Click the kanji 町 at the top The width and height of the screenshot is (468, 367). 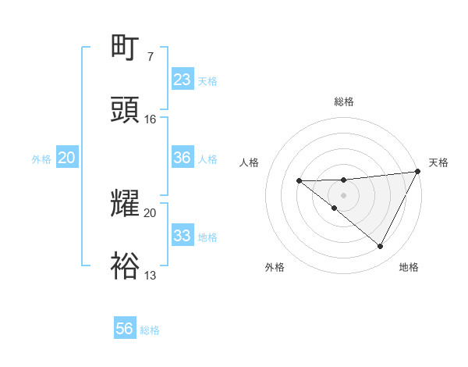click(126, 48)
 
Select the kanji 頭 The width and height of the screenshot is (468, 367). click(126, 110)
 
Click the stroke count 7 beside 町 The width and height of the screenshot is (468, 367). click(150, 57)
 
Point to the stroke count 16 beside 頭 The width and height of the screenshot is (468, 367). click(150, 119)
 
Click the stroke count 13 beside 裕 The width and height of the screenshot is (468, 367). click(150, 275)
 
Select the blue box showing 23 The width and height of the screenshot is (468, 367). click(182, 80)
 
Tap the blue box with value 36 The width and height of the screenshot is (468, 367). click(182, 158)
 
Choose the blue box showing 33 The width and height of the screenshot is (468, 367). click(182, 236)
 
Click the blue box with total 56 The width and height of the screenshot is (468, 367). click(124, 329)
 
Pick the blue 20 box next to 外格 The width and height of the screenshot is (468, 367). click(66, 158)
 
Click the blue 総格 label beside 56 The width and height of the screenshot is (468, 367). click(150, 330)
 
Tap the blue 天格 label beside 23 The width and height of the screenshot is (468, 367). click(207, 81)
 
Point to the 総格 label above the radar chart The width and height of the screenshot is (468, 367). click(344, 102)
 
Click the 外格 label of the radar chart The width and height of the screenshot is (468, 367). click(275, 267)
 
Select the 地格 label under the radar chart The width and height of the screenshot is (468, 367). click(409, 267)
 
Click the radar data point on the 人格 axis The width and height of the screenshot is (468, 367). click(299, 181)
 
